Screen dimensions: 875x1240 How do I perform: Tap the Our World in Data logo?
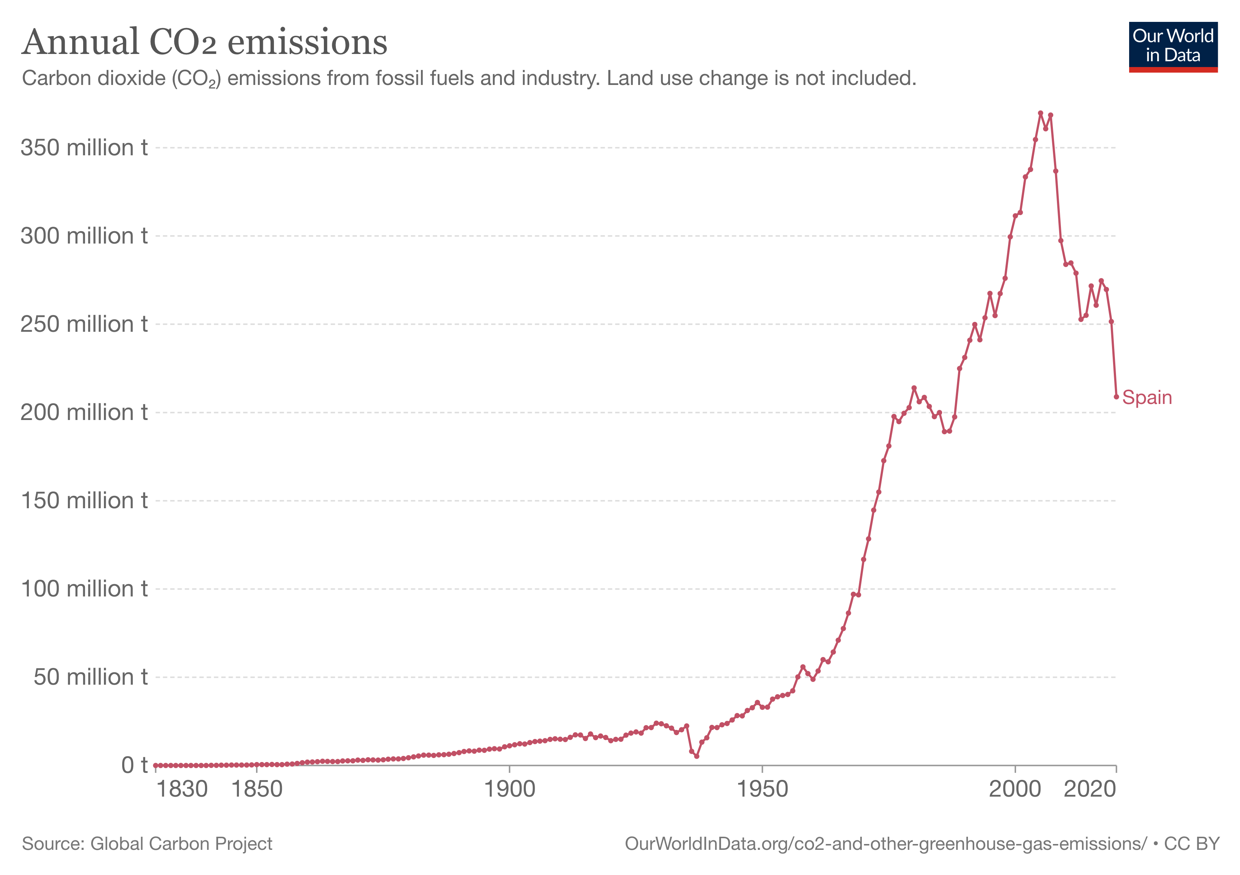(x=1173, y=46)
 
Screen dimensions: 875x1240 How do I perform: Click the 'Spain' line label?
(x=1147, y=398)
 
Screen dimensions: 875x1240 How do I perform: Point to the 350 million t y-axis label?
(x=84, y=148)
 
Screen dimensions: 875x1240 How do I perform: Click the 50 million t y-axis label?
(x=90, y=677)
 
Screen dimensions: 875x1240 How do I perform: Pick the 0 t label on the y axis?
(x=134, y=765)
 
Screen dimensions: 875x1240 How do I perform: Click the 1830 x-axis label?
(x=182, y=790)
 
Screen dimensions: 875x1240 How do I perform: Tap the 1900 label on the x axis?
(x=509, y=790)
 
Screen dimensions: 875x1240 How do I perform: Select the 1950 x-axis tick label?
(x=762, y=790)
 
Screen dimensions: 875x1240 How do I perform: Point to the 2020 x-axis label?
(x=1089, y=790)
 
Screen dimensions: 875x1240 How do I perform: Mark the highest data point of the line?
(x=1040, y=113)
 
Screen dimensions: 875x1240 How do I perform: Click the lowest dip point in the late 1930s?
(x=697, y=756)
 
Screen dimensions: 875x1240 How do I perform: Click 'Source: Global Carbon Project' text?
(x=147, y=844)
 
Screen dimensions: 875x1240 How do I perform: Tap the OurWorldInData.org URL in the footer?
(x=885, y=844)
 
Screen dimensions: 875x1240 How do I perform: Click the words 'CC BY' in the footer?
(x=1191, y=844)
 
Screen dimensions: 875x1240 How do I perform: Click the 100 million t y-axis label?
(x=84, y=589)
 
